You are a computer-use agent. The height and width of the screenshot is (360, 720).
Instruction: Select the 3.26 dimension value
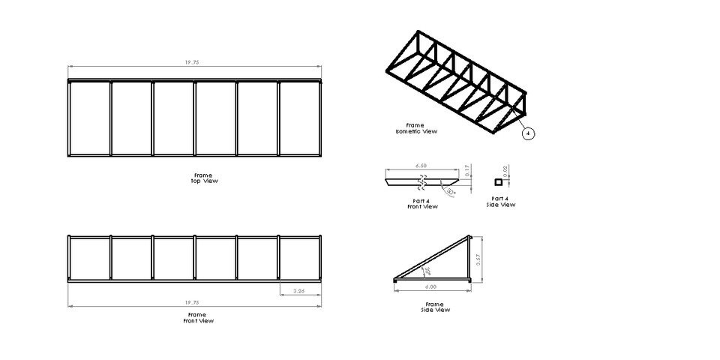click(298, 290)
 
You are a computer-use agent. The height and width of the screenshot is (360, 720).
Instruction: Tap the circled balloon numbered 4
click(529, 133)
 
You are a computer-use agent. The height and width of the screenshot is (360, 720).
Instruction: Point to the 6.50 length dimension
click(421, 166)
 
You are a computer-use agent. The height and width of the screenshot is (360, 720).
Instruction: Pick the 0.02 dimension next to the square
click(506, 172)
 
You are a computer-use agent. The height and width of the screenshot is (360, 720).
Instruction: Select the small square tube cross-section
click(496, 181)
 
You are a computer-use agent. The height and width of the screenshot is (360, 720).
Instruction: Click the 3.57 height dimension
click(478, 259)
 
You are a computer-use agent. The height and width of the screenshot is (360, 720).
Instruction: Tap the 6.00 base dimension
click(432, 286)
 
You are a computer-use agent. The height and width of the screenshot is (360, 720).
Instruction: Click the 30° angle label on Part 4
click(449, 192)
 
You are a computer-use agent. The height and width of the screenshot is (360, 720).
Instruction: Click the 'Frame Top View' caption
click(199, 178)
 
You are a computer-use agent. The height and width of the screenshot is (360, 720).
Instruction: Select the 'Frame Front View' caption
click(199, 318)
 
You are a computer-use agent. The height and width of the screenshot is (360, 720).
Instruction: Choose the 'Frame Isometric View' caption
click(416, 128)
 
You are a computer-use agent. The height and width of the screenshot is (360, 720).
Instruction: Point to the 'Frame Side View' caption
click(436, 307)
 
